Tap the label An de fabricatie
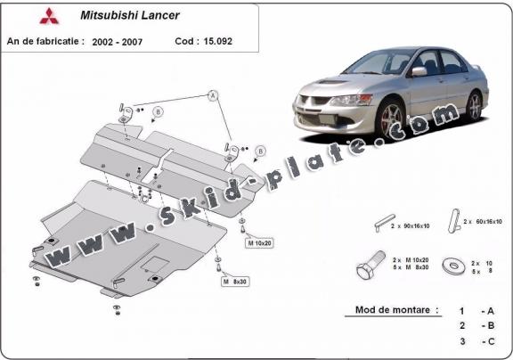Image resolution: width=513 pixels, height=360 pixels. (x=45, y=41)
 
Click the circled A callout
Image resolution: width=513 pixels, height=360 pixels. (x=213, y=94)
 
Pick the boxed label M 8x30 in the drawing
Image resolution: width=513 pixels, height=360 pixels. (x=236, y=282)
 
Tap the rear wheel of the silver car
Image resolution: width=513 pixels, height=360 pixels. (x=475, y=106)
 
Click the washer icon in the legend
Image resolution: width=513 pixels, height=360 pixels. (x=455, y=265)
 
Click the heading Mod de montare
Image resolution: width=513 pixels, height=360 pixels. (x=392, y=310)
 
